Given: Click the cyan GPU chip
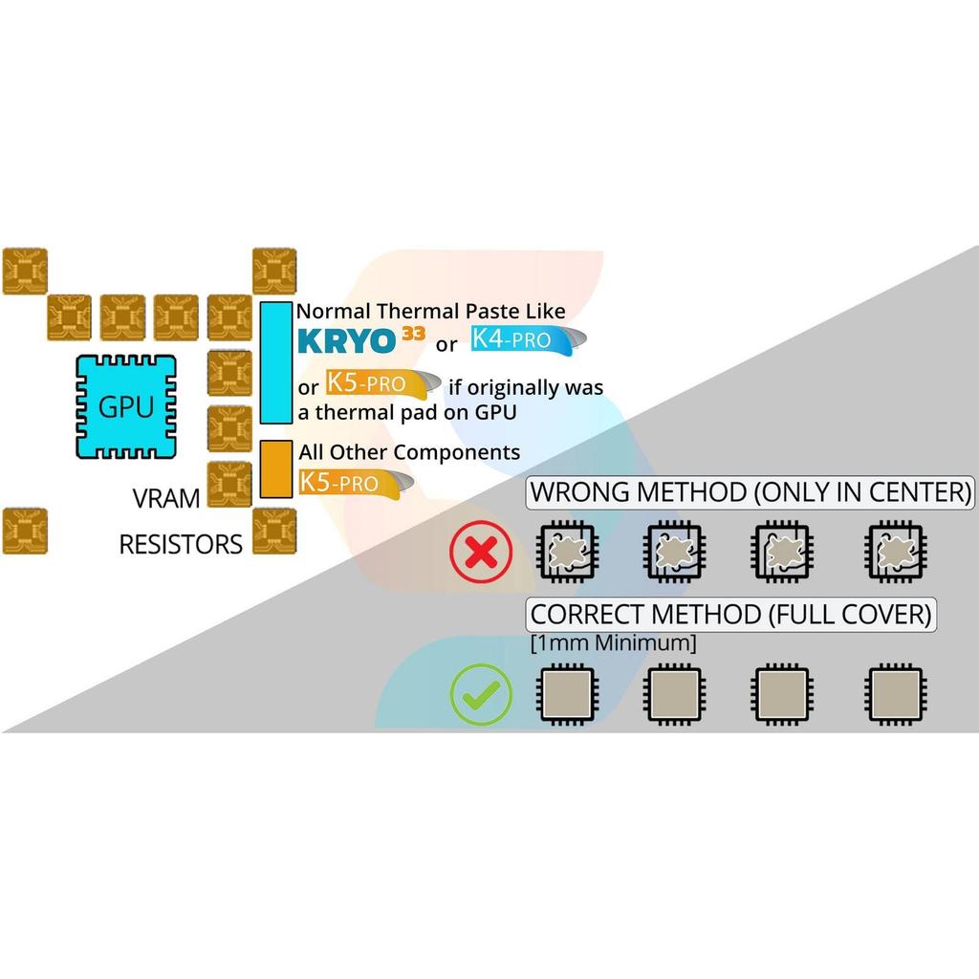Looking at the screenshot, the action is pyautogui.click(x=126, y=406).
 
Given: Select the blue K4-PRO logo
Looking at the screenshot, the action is pyautogui.click(x=528, y=340).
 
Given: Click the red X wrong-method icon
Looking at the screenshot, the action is pyautogui.click(x=481, y=552).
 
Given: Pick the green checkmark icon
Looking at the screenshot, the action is pyautogui.click(x=481, y=694).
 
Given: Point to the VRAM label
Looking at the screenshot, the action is pyautogui.click(x=166, y=498).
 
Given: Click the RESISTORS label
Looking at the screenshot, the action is pyautogui.click(x=181, y=544).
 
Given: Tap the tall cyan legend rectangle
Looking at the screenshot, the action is pyautogui.click(x=276, y=362).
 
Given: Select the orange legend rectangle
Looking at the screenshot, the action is pyautogui.click(x=276, y=468).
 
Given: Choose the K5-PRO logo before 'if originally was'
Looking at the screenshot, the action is pyautogui.click(x=382, y=384).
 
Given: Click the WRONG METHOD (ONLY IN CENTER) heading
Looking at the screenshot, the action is pyautogui.click(x=750, y=492).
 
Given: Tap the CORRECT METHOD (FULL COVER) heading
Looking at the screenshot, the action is pyautogui.click(x=730, y=615).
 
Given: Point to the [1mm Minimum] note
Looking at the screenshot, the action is pyautogui.click(x=613, y=643).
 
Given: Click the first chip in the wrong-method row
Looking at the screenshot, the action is pyautogui.click(x=567, y=552).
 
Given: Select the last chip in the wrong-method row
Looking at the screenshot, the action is pyautogui.click(x=895, y=552).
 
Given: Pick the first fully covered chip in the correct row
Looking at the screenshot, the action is pyautogui.click(x=567, y=694).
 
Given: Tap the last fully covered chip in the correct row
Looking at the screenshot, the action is pyautogui.click(x=895, y=694).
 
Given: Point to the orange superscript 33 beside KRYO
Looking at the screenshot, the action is pyautogui.click(x=413, y=334).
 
